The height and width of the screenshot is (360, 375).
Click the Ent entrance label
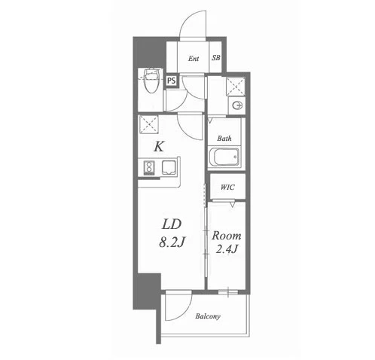pos(194,59)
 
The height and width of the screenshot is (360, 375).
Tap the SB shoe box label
pos(216,58)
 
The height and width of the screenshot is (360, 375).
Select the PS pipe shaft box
pos(172,81)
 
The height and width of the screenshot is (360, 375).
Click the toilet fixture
pos(151,80)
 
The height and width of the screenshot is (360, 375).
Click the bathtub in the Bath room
pos(224,157)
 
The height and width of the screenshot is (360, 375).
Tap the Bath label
pos(224,138)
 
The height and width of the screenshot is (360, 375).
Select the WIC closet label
pos(227,187)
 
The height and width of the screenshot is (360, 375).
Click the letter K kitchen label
pos(159,146)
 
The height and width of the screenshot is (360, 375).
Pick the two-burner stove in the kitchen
pos(149,167)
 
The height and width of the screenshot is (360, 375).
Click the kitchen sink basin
pos(169,167)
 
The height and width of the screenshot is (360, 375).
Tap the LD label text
pos(172,224)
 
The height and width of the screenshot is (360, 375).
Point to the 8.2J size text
pos(172,243)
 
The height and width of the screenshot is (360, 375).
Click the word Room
pos(227,236)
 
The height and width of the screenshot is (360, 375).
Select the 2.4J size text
pos(227,249)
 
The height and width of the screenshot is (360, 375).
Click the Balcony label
pos(208,316)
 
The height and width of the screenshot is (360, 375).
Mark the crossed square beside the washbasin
pos(235,86)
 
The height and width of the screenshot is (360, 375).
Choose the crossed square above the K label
pos(148,124)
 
